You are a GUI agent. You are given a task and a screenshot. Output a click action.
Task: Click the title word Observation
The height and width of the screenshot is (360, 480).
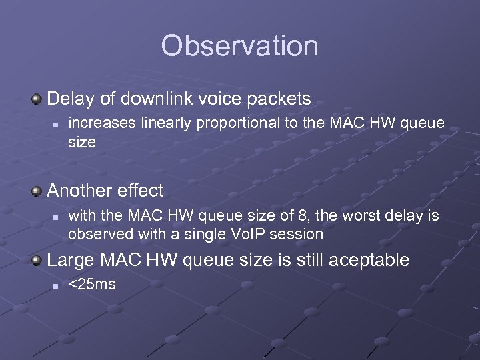(x=239, y=46)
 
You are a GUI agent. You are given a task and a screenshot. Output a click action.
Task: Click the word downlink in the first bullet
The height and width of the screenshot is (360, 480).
(x=158, y=99)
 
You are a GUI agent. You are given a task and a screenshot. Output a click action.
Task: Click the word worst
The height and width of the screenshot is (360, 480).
(x=357, y=215)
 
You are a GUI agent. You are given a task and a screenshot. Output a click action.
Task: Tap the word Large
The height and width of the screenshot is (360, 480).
(x=70, y=260)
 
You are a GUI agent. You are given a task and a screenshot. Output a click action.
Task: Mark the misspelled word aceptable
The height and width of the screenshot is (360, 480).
(x=366, y=261)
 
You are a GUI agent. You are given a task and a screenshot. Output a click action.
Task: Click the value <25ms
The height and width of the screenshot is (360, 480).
(x=92, y=285)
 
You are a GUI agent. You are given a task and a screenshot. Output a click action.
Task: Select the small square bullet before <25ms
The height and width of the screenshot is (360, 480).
(x=56, y=285)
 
